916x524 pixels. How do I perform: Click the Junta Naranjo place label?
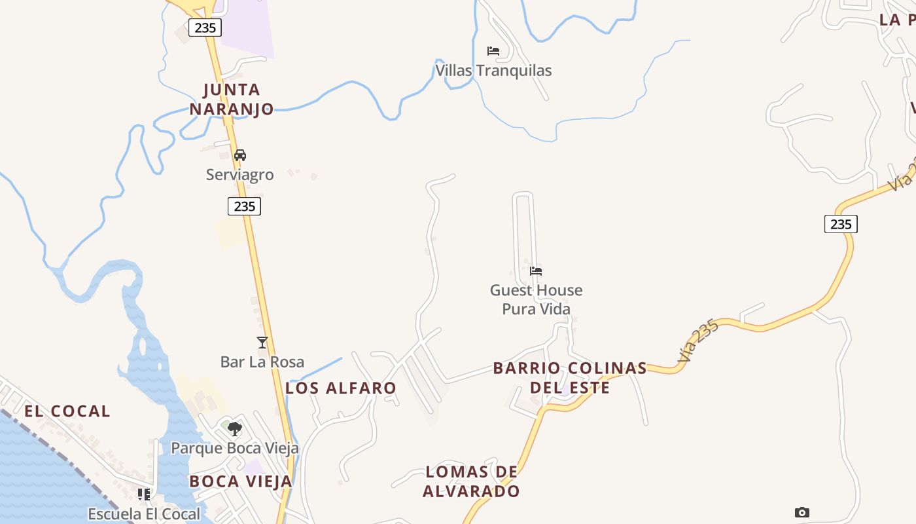click(232, 99)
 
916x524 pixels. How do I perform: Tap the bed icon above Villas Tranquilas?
click(493, 51)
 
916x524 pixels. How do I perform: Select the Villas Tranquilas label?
click(494, 70)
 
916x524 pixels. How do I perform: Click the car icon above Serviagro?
click(240, 155)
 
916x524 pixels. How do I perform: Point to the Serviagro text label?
click(239, 175)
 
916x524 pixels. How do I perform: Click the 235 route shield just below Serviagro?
click(245, 206)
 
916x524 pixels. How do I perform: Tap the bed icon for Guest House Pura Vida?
click(536, 271)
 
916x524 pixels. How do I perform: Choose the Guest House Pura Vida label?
click(536, 299)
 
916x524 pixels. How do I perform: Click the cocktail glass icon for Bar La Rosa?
click(262, 343)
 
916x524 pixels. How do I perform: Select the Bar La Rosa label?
click(262, 362)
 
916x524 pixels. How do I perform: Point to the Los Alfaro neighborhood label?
click(341, 388)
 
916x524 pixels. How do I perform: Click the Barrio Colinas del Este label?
click(570, 377)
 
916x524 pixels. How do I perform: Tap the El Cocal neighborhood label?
click(67, 411)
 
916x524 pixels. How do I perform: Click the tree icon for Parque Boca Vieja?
click(235, 429)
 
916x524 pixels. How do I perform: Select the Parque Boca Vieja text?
click(235, 448)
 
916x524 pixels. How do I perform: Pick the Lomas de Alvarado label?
click(471, 481)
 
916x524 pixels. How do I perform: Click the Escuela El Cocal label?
click(144, 514)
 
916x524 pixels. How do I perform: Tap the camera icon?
click(801, 512)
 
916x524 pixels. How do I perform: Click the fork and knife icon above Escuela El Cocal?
click(144, 495)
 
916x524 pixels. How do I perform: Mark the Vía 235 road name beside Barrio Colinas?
click(698, 341)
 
